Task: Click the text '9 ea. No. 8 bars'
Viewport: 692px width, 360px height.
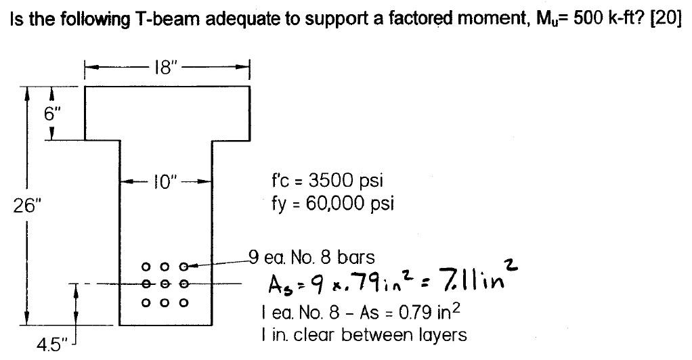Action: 311,257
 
